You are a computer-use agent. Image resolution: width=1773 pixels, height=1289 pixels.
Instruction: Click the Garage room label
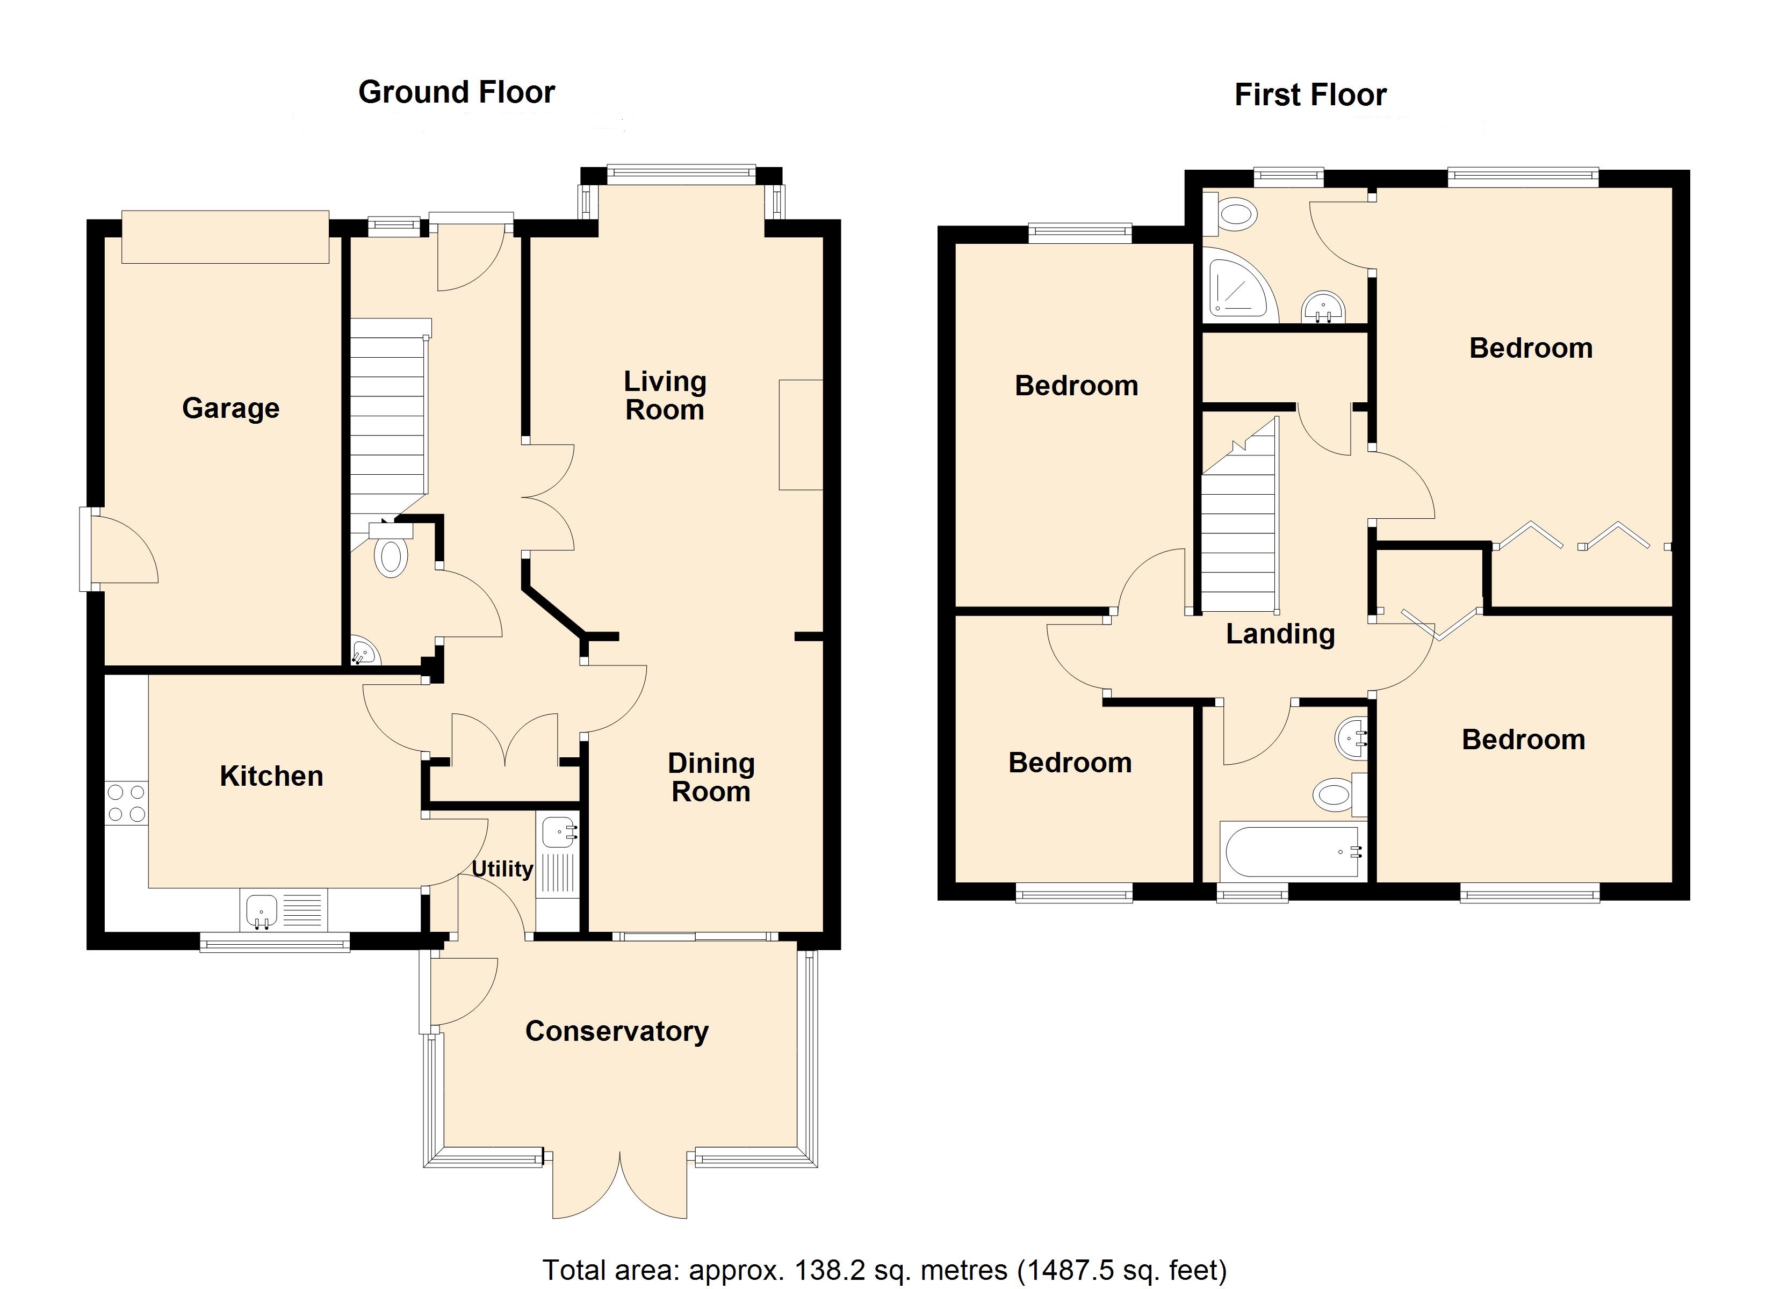pyautogui.click(x=230, y=408)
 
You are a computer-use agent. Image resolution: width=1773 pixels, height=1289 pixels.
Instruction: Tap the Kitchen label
pyautogui.click(x=271, y=776)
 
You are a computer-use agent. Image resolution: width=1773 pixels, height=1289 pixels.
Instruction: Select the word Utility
pyautogui.click(x=502, y=869)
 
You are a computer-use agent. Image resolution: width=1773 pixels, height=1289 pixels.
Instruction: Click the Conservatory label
pyautogui.click(x=617, y=1031)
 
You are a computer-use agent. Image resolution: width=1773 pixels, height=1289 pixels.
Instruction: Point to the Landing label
pyautogui.click(x=1280, y=634)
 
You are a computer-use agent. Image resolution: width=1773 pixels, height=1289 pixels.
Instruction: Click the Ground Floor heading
pyautogui.click(x=457, y=92)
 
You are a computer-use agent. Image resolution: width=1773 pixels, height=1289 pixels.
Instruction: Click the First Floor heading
pyautogui.click(x=1310, y=95)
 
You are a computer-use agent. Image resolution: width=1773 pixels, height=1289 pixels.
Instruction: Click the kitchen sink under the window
pyautogui.click(x=262, y=911)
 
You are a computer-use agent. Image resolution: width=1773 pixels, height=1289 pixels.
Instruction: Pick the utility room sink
pyautogui.click(x=558, y=832)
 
